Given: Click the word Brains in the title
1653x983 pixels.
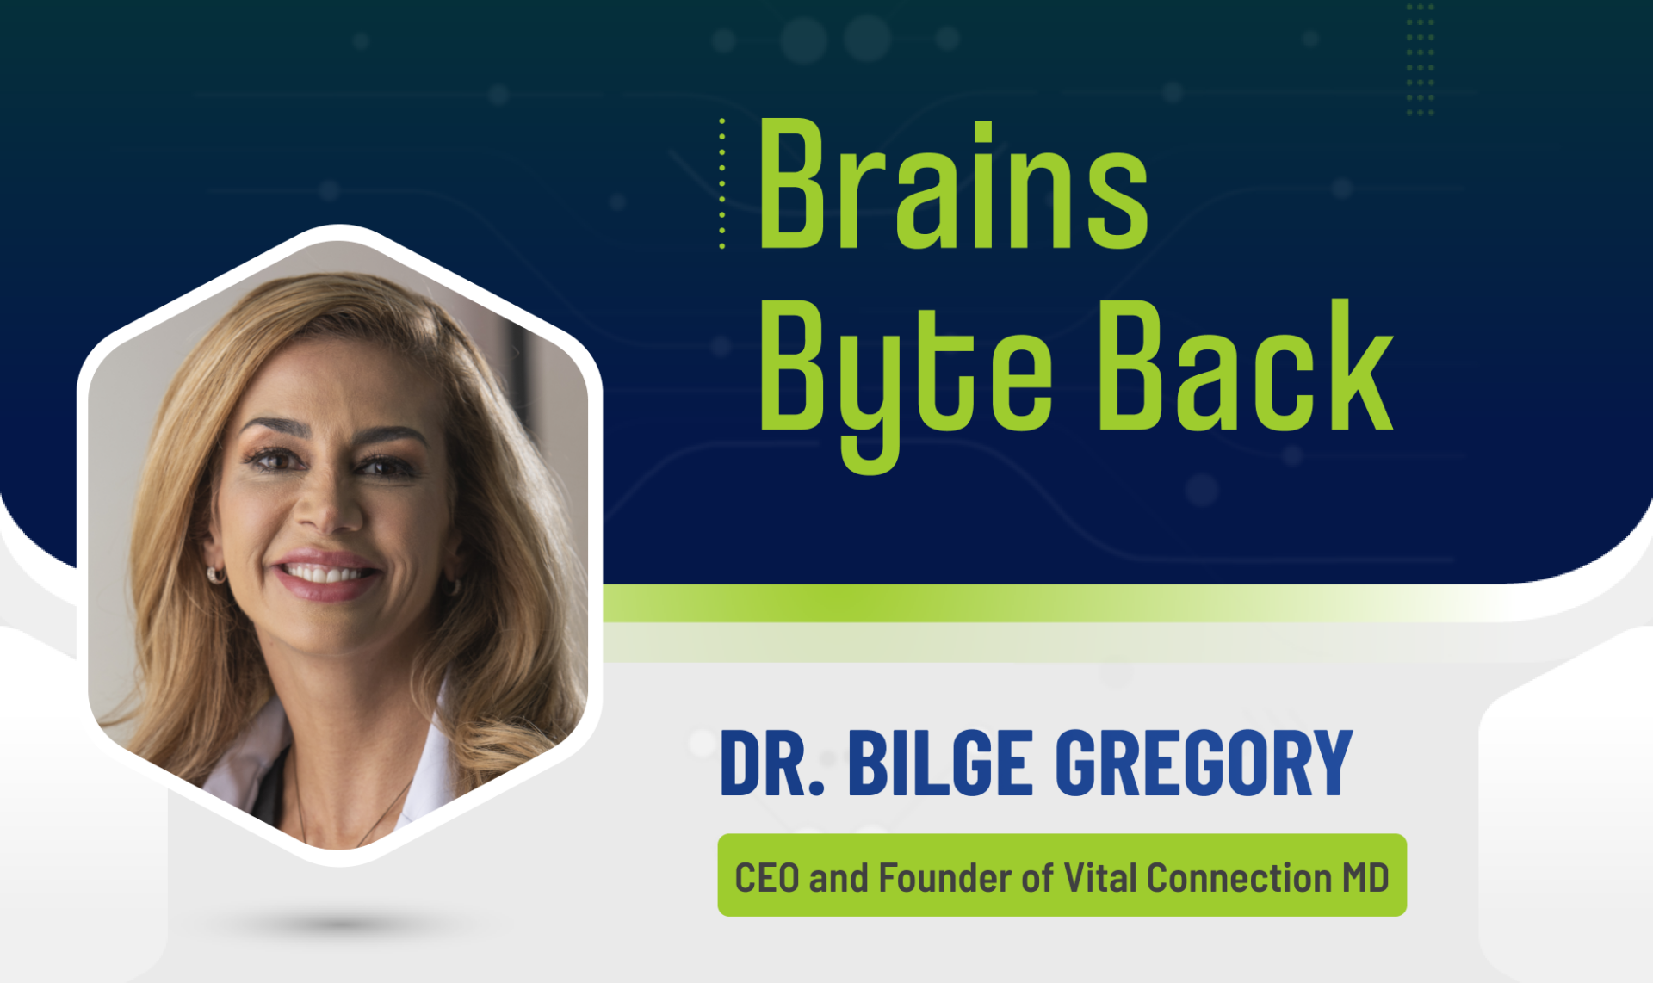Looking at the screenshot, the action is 953,183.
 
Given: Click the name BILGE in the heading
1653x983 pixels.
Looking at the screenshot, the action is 940,763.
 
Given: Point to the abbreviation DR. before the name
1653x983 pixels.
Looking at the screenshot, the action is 772,763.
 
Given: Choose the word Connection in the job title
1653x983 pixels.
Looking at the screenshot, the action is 1240,878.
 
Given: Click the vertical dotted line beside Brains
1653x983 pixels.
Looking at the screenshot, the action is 722,183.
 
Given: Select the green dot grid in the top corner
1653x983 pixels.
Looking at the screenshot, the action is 1421,59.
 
